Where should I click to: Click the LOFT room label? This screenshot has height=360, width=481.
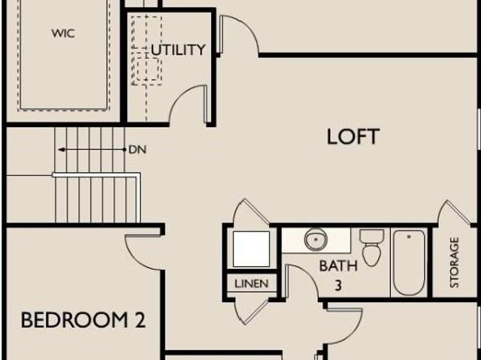[x=353, y=137]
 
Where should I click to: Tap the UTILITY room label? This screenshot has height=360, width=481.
[x=178, y=50]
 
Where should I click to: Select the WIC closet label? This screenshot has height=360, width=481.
[x=63, y=33]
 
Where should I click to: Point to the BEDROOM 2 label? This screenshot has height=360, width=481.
[x=83, y=320]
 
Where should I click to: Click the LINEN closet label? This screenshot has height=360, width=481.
[x=252, y=283]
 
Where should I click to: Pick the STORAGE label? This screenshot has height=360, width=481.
[x=454, y=262]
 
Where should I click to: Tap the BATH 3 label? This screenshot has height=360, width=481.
[x=338, y=275]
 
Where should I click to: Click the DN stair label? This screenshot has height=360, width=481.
[x=138, y=150]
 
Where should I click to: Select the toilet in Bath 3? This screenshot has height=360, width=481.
[x=371, y=247]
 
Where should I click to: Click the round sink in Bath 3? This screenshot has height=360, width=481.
[x=316, y=240]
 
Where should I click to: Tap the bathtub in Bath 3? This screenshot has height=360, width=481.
[x=409, y=263]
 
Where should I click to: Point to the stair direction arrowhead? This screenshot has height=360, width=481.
[x=62, y=150]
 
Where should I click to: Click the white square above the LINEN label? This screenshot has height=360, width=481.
[x=251, y=249]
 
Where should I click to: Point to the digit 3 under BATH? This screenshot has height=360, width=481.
[x=338, y=286]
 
